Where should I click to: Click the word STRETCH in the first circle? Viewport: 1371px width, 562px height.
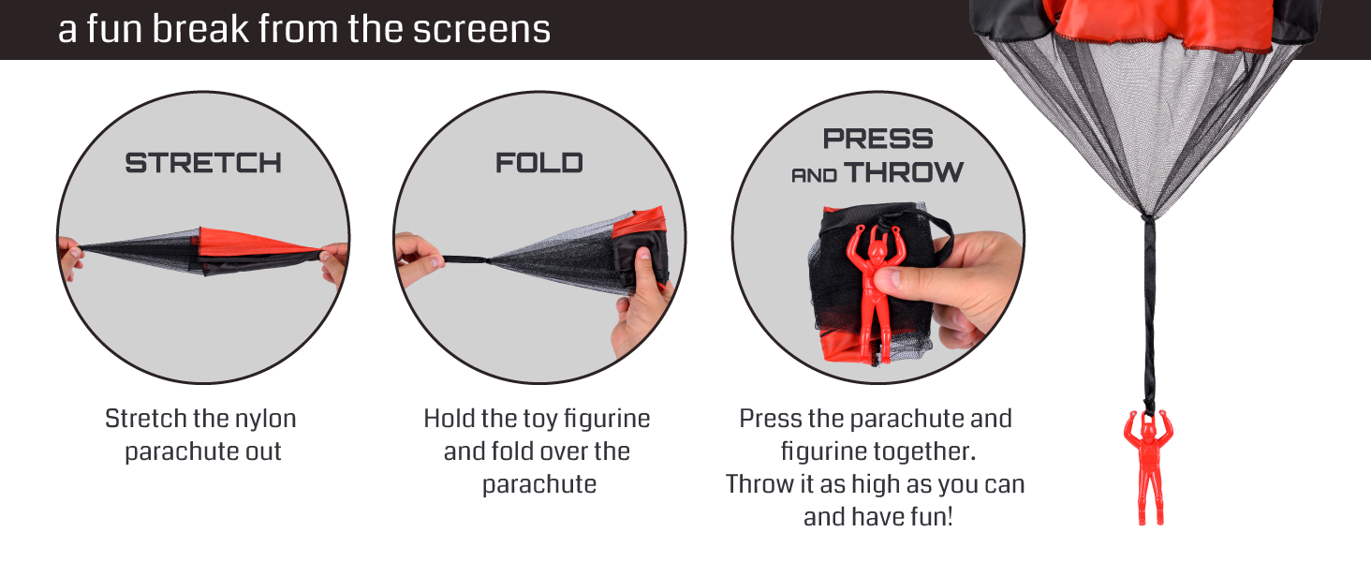point(203,163)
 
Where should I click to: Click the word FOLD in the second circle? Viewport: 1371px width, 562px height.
point(539,163)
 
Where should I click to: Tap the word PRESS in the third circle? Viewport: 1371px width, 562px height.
point(877,140)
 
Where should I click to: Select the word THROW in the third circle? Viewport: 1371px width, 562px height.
point(904,172)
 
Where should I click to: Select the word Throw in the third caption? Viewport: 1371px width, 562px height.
point(758,483)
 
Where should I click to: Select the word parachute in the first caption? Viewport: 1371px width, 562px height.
point(203,451)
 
